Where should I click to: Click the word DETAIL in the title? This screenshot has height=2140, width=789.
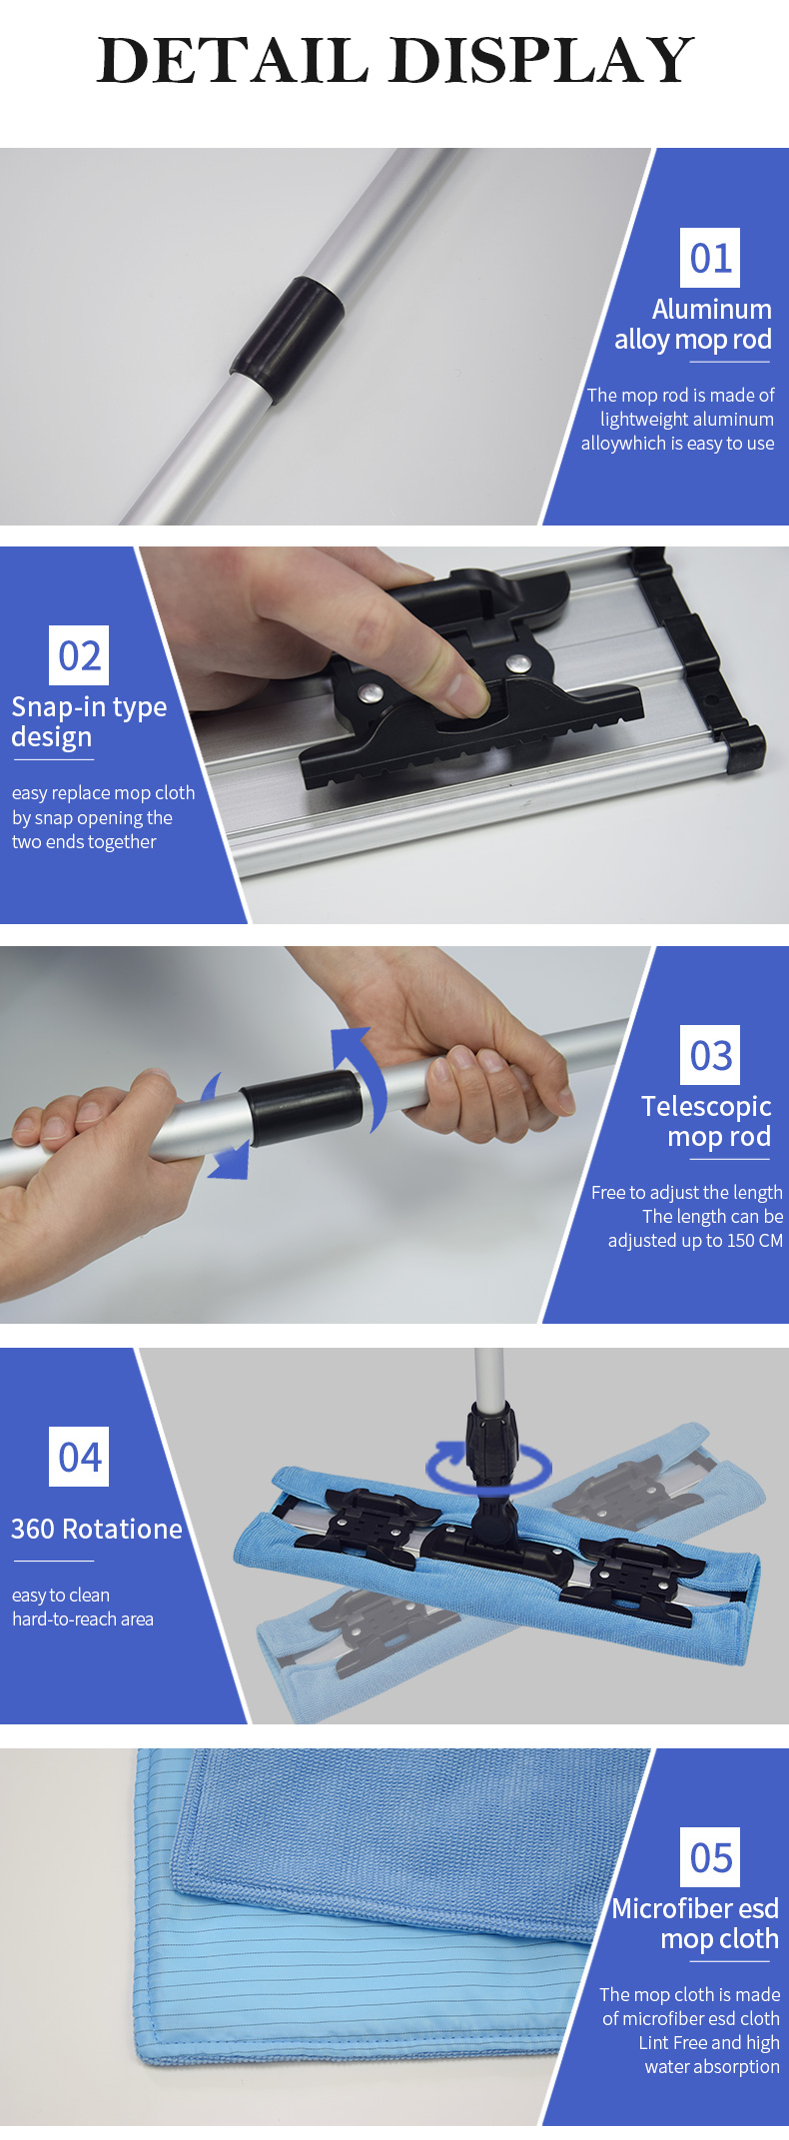pyautogui.click(x=235, y=60)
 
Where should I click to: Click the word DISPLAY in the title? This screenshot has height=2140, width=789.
pyautogui.click(x=544, y=60)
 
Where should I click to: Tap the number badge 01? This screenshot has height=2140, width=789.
pyautogui.click(x=711, y=258)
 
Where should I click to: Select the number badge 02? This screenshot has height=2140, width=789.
pyautogui.click(x=79, y=655)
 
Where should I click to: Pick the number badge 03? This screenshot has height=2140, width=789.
pyautogui.click(x=711, y=1055)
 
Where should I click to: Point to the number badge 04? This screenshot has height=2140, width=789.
pyautogui.click(x=79, y=1457)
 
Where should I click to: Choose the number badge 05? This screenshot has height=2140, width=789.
pyautogui.click(x=711, y=1857)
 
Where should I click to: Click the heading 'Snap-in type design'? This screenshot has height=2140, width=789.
pyautogui.click(x=89, y=721)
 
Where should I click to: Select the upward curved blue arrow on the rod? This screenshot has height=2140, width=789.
pyautogui.click(x=358, y=1074)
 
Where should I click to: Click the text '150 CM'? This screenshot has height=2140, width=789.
pyautogui.click(x=755, y=1241)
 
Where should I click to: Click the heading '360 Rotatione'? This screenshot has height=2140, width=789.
pyautogui.click(x=97, y=1529)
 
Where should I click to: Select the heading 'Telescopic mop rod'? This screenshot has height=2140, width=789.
pyautogui.click(x=706, y=1121)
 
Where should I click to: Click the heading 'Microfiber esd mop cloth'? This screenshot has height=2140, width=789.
pyautogui.click(x=696, y=1923)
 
